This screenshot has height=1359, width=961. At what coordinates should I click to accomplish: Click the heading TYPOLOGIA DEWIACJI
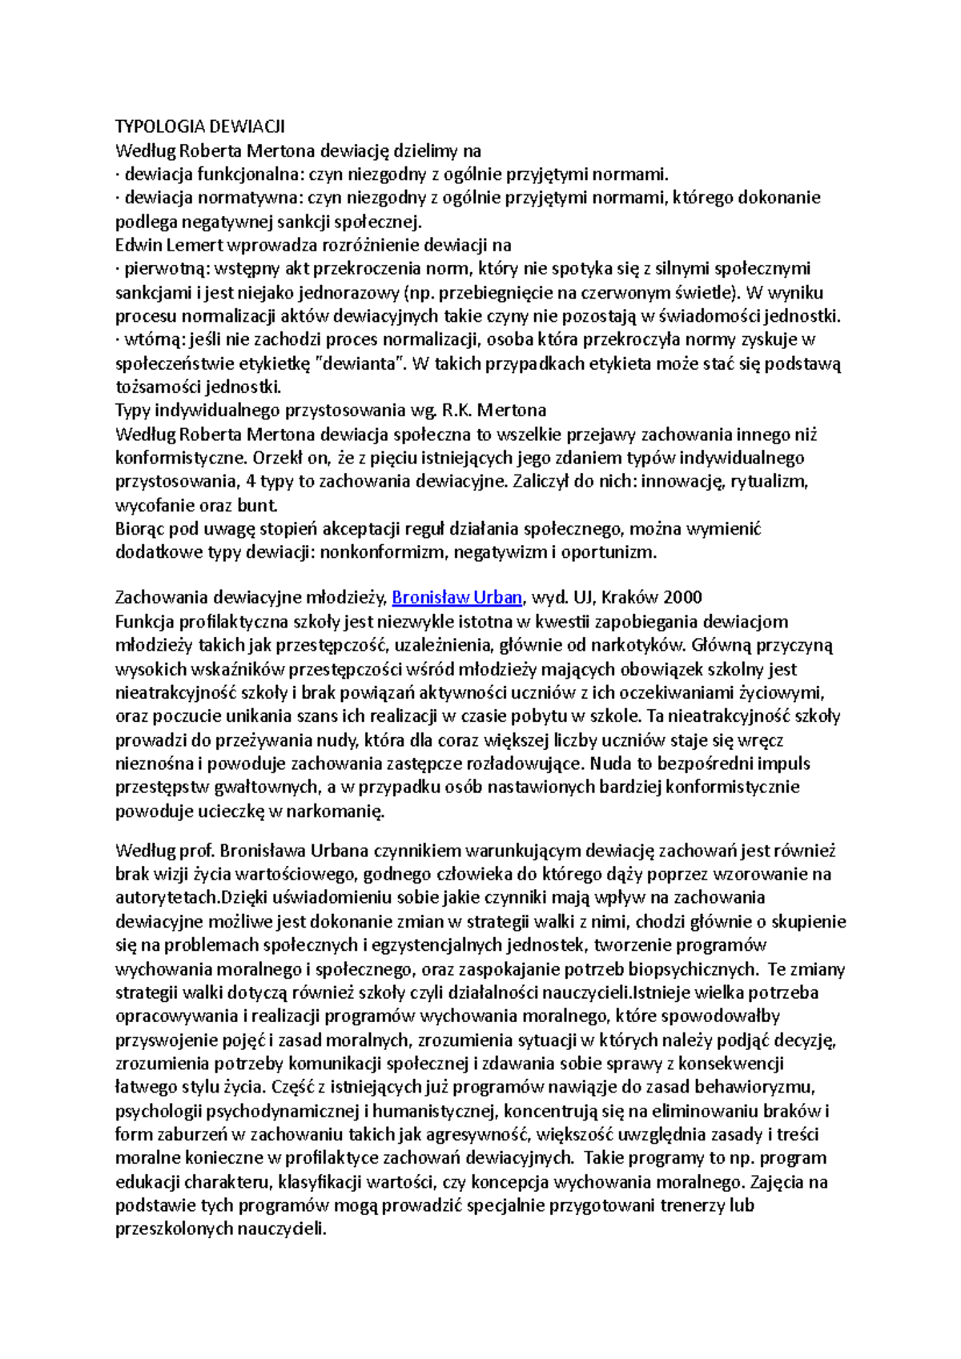[x=199, y=126]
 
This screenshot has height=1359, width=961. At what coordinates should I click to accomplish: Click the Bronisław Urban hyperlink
[x=456, y=597]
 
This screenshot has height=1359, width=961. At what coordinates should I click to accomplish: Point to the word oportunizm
[x=608, y=552]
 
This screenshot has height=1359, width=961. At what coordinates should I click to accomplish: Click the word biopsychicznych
[x=692, y=969]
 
